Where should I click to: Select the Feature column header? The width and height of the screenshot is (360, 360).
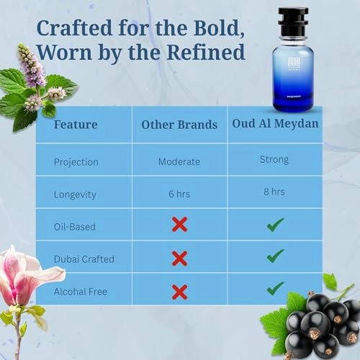[76, 125]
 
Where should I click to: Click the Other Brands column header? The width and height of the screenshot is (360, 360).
[179, 125]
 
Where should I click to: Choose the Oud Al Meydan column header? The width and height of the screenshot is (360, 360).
[276, 123]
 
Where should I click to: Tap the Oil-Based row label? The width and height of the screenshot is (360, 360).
[75, 226]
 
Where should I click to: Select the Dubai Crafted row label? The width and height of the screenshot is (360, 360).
[84, 258]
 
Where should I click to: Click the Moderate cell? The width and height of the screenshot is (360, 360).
[179, 161]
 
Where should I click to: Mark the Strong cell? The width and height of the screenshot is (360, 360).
[274, 160]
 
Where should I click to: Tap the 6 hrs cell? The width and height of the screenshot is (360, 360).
[179, 193]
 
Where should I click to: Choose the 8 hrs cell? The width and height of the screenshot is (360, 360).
[274, 192]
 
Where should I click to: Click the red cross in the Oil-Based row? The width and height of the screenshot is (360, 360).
[179, 225]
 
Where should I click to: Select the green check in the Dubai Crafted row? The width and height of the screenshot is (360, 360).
[275, 256]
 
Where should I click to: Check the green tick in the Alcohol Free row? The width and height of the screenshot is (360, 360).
[275, 289]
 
